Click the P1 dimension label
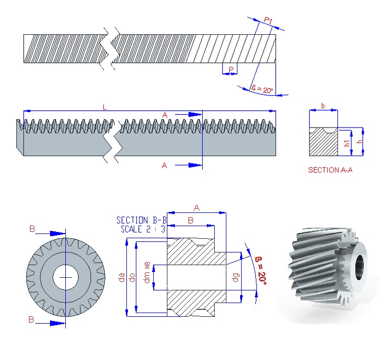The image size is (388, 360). tap(268, 20)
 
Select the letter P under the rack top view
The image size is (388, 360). tap(231, 70)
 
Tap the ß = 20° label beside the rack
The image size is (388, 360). tap(262, 90)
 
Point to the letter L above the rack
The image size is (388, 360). tap(104, 107)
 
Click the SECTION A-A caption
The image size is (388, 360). tap(330, 170)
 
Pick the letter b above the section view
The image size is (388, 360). tap(323, 106)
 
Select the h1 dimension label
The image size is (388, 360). tap(347, 143)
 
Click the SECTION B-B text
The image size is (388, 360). tap(142, 220)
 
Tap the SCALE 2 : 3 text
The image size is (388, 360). tap(143, 229)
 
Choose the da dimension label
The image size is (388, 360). tap(121, 277)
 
